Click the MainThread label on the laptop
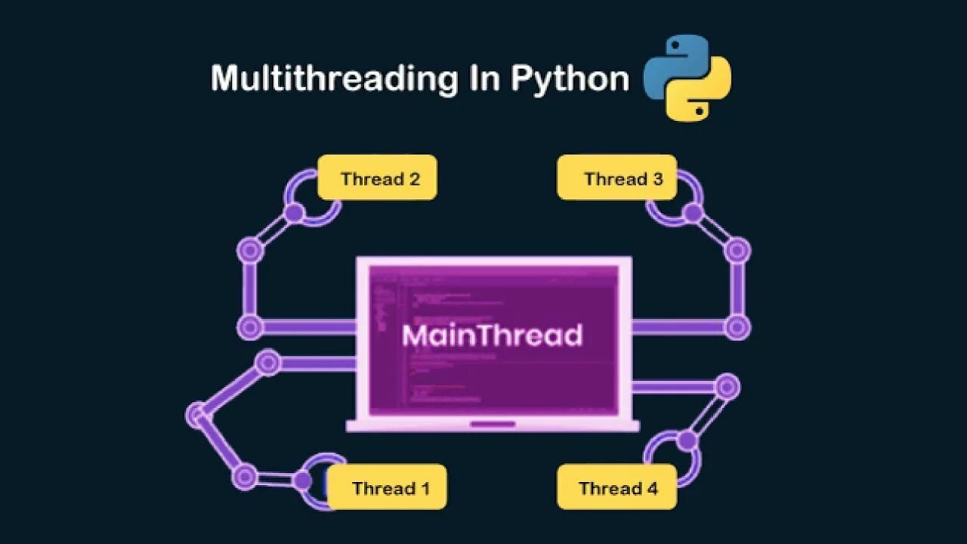click(x=492, y=335)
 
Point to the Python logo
click(x=687, y=79)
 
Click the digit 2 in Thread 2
click(x=413, y=179)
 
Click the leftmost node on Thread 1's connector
click(x=196, y=414)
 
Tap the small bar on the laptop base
click(x=493, y=424)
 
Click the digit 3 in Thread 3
click(x=657, y=179)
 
